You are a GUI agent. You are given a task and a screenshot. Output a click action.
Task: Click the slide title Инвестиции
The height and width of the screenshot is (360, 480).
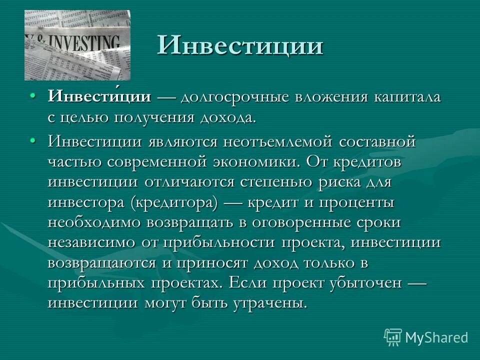(240, 45)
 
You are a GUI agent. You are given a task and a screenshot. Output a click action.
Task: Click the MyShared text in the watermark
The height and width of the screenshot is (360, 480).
(436, 337)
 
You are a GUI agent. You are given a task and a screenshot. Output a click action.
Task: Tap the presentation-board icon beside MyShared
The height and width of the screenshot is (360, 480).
(393, 337)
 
